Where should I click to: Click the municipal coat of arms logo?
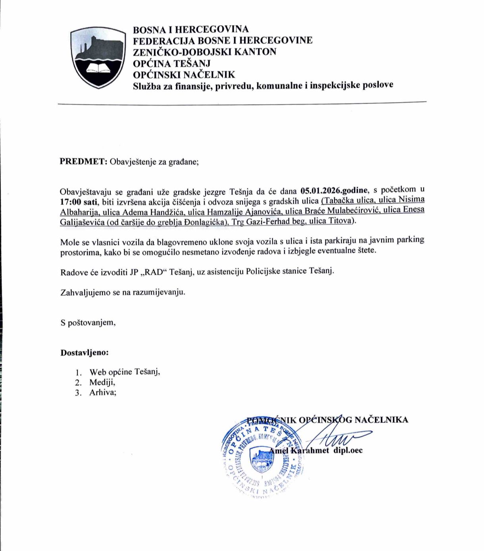click(98, 58)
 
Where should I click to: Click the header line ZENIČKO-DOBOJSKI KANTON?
click(204, 52)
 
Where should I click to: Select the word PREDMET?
click(83, 162)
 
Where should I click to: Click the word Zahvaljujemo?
click(85, 293)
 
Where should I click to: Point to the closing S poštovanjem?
click(88, 322)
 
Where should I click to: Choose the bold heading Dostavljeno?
click(84, 353)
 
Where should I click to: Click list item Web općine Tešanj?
click(124, 372)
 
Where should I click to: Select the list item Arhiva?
click(102, 393)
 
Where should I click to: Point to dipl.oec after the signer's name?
click(348, 451)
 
